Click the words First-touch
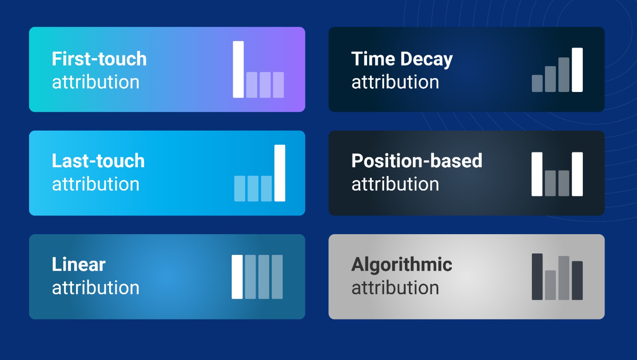[x=99, y=59]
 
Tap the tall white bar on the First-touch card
[x=238, y=69]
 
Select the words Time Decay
[x=402, y=59]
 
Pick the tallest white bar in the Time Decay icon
[x=577, y=70]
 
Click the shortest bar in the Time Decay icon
[x=537, y=83]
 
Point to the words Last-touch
[x=98, y=161]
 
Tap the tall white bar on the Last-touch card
[x=280, y=173]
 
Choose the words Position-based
[x=416, y=161]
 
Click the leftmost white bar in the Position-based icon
[x=537, y=174]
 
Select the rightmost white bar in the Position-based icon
[x=577, y=174]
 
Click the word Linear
[x=78, y=264]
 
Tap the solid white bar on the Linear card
[x=237, y=277]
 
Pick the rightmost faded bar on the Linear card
[x=277, y=277]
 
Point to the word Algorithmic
[x=402, y=265]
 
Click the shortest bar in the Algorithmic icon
[x=551, y=285]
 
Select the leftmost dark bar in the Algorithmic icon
[x=537, y=277]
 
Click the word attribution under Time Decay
[x=395, y=82]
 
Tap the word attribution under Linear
[x=96, y=288]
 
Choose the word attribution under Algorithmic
[x=395, y=288]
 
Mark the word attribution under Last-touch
[x=96, y=184]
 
